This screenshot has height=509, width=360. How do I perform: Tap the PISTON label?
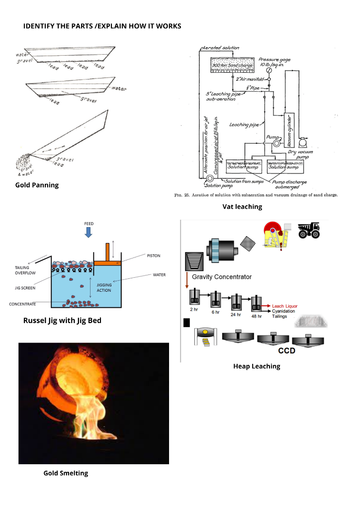click(x=153, y=255)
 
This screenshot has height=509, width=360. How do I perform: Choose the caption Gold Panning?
click(x=37, y=185)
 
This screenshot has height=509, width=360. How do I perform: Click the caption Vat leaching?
click(x=242, y=207)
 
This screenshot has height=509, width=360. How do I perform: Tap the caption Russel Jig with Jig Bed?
click(x=62, y=321)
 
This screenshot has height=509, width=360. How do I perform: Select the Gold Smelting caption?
click(x=66, y=473)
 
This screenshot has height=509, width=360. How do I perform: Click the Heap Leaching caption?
click(x=257, y=366)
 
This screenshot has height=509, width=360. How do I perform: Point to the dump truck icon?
click(x=309, y=230)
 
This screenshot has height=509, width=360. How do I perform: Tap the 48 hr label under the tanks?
click(x=257, y=316)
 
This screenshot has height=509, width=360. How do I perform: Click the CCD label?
click(x=286, y=350)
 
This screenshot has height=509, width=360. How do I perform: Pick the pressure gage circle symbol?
click(x=269, y=71)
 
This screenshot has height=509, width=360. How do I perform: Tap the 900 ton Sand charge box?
click(x=233, y=66)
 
